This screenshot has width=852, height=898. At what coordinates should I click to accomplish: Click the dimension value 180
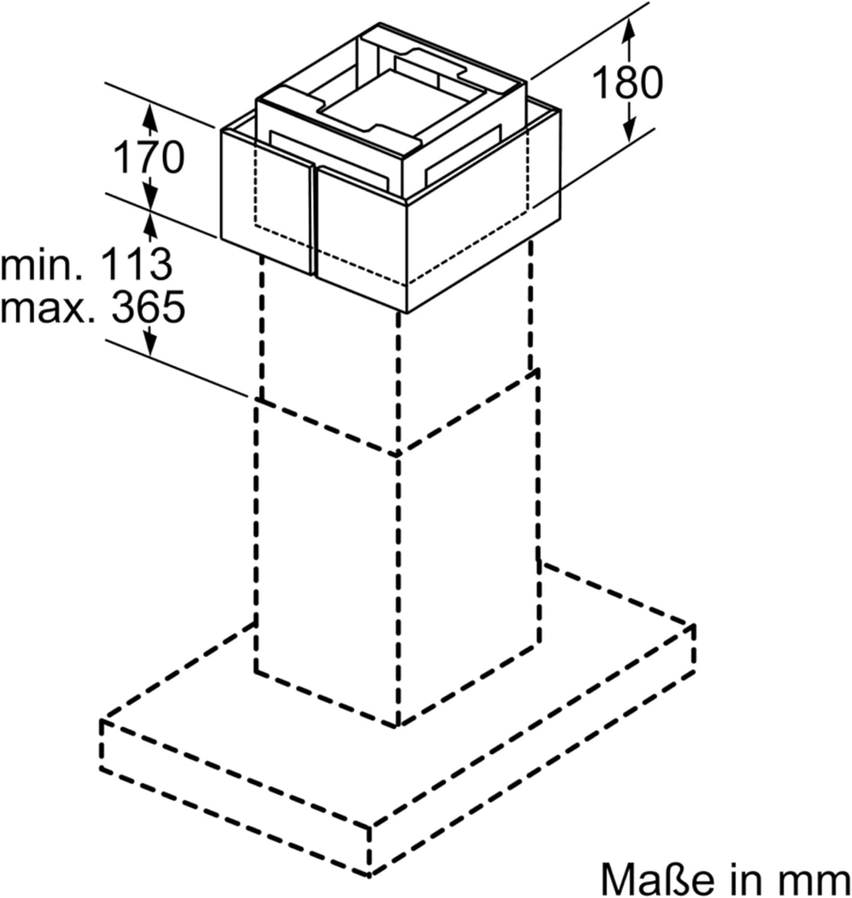627,83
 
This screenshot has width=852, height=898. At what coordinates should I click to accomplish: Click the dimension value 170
149,157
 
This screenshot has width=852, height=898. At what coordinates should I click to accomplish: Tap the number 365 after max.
149,307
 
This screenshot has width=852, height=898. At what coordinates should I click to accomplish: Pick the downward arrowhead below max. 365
150,342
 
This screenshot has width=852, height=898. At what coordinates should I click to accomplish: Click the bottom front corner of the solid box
406,312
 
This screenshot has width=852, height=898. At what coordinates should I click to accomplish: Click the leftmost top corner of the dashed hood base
101,721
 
